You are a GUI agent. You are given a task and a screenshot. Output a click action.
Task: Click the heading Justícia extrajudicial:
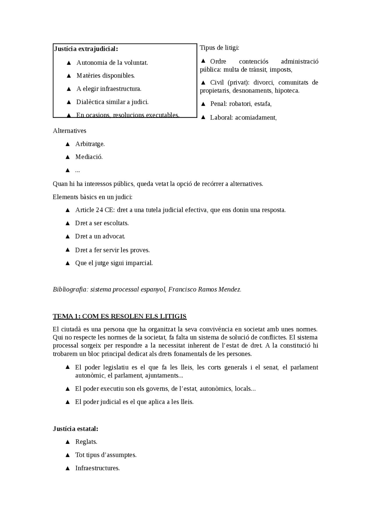pos(86,49)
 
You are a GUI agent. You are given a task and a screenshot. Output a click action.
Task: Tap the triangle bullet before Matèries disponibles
pos(69,76)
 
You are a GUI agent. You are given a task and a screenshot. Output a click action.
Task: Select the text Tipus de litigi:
pos(219,48)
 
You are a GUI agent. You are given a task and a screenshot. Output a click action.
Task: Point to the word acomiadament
pos(255,118)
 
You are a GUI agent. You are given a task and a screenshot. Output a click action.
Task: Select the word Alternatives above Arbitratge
pos(69,131)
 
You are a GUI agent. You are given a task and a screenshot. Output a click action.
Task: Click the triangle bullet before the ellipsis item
pos(68,170)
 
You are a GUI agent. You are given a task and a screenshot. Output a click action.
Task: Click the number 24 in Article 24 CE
pos(99,210)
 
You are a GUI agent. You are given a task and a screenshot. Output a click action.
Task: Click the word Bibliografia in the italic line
pos(70,290)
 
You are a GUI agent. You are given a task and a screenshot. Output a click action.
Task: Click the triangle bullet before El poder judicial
pos(68,402)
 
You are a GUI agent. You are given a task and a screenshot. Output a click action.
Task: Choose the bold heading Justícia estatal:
pos(76,429)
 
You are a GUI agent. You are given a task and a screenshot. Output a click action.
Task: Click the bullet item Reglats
pos(86,442)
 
